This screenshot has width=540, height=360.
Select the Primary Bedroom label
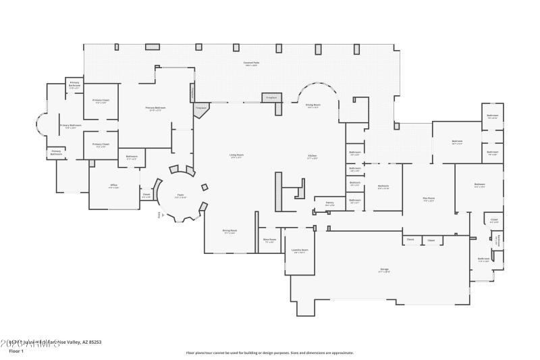[x=155, y=109]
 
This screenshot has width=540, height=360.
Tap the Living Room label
[x=236, y=156]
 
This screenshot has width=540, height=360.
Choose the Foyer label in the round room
[x=180, y=196]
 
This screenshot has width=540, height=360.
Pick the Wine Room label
[x=269, y=240]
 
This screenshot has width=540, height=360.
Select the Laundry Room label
[x=300, y=251]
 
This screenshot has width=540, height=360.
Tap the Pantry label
[x=330, y=203]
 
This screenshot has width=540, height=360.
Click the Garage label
[x=384, y=270]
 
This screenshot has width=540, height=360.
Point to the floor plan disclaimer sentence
[x=270, y=353]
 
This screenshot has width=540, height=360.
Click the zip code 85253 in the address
[x=94, y=342]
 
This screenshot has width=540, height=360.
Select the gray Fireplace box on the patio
[x=271, y=98]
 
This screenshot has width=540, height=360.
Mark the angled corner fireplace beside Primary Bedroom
[x=200, y=108]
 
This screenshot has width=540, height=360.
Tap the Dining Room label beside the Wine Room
[x=230, y=231]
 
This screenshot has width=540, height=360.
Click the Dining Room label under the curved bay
[x=313, y=105]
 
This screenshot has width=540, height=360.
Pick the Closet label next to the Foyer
[x=146, y=196]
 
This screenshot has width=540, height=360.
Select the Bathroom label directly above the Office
[x=132, y=157]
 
